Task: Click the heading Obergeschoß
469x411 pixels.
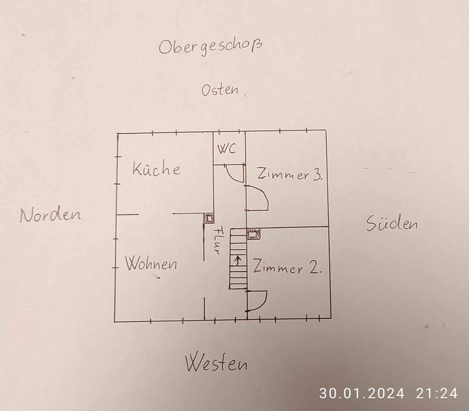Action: click(210, 47)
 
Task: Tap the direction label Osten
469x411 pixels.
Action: click(220, 90)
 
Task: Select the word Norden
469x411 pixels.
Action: click(50, 215)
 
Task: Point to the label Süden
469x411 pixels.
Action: click(392, 224)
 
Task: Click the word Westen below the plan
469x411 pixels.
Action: click(216, 363)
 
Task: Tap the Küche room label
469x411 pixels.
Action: click(156, 169)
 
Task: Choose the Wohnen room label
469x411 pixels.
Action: click(151, 264)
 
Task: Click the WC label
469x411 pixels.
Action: click(226, 149)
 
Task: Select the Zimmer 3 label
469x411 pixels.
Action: click(289, 175)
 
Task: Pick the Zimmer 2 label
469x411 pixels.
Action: click(287, 268)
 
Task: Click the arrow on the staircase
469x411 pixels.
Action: click(237, 260)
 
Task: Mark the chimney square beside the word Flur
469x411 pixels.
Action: click(209, 219)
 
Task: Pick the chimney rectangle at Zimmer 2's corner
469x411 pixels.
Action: click(254, 235)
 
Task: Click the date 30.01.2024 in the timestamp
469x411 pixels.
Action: click(362, 393)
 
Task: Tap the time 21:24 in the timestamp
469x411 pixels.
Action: click(437, 393)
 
